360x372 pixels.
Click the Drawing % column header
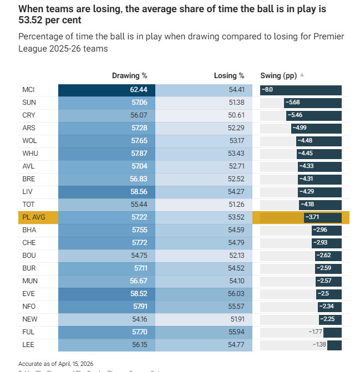pyautogui.click(x=129, y=75)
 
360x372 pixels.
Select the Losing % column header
pyautogui.click(x=229, y=75)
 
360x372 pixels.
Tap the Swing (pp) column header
pyautogui.click(x=278, y=75)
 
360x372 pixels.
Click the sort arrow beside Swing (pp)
pyautogui.click(x=302, y=75)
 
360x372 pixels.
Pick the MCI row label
pyautogui.click(x=29, y=90)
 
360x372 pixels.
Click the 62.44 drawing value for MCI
pyautogui.click(x=138, y=90)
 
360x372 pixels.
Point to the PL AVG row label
pyautogui.click(x=34, y=217)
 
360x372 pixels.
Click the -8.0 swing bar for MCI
pyautogui.click(x=301, y=90)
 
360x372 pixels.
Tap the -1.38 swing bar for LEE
pyautogui.click(x=334, y=345)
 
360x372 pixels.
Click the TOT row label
pyautogui.click(x=28, y=205)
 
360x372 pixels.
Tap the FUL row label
pyautogui.click(x=28, y=332)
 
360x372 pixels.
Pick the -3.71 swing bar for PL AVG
pyautogui.click(x=322, y=217)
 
